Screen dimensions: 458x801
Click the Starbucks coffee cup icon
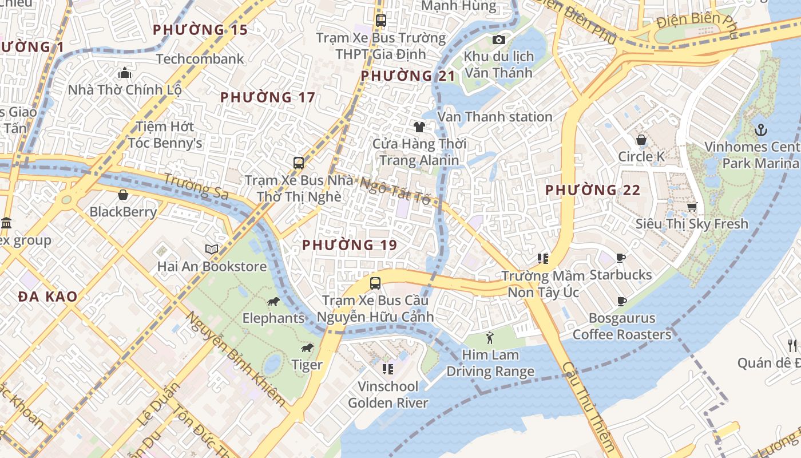(621, 258)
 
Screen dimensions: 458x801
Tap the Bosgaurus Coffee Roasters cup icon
(622, 301)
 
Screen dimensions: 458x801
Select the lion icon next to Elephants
(273, 302)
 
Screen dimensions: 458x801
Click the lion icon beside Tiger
(307, 348)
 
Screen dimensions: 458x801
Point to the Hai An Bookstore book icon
(212, 249)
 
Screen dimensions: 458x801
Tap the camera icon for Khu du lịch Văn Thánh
(499, 40)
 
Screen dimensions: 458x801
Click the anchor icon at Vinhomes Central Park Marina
(760, 130)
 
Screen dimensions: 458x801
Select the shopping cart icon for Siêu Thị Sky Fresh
(692, 207)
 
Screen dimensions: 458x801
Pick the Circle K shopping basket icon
(641, 140)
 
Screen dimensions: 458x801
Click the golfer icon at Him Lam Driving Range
(489, 338)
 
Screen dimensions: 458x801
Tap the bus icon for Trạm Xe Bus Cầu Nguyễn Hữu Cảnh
(375, 283)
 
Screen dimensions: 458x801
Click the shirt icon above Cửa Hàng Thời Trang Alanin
(419, 127)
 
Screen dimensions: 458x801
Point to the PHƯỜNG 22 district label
(592, 190)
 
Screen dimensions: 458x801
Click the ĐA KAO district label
(47, 297)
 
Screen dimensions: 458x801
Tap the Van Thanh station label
(495, 117)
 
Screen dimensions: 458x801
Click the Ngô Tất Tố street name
(395, 191)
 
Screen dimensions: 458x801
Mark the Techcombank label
(200, 59)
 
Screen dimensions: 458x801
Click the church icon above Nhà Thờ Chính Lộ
(125, 73)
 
